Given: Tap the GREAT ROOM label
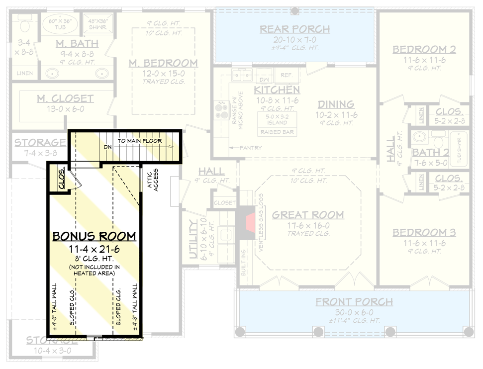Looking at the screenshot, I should [307, 215].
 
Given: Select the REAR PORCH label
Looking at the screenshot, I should [294, 29].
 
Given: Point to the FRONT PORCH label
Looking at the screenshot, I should [354, 302].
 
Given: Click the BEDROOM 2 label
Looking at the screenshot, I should [424, 49].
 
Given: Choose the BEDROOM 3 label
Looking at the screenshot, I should [424, 233].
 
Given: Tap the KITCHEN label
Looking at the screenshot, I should [277, 90].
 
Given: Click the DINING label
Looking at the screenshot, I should [336, 104].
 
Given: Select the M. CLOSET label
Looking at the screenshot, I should [65, 98].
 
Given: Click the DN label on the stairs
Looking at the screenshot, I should [107, 147].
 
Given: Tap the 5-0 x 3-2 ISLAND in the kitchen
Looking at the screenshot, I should [277, 119].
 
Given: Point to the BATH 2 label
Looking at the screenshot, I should [433, 153].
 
